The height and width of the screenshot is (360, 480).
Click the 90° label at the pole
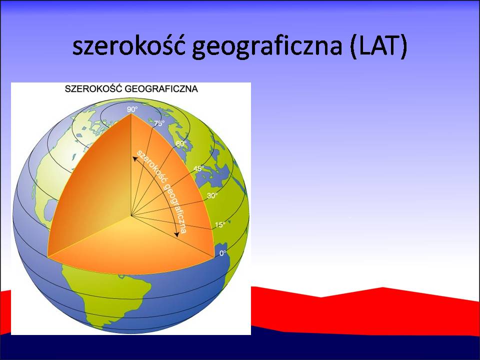click(132, 109)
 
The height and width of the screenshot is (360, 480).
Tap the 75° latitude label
click(159, 123)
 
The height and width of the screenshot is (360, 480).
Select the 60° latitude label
click(181, 143)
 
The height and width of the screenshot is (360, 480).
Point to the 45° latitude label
click(198, 168)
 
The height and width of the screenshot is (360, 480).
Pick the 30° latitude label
click(212, 195)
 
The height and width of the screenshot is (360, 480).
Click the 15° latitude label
click(220, 224)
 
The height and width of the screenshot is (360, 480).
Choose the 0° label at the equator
click(223, 253)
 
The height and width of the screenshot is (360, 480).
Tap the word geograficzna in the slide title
click(267, 47)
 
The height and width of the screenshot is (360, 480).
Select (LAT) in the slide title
click(378, 47)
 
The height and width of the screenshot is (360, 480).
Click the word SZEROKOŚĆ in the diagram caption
click(93, 88)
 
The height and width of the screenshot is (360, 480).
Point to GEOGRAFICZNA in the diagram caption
click(161, 89)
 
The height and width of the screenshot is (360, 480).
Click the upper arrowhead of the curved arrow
click(134, 158)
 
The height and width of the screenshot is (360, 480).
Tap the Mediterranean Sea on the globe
click(211, 176)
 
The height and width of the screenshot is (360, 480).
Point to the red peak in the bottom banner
click(382, 288)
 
